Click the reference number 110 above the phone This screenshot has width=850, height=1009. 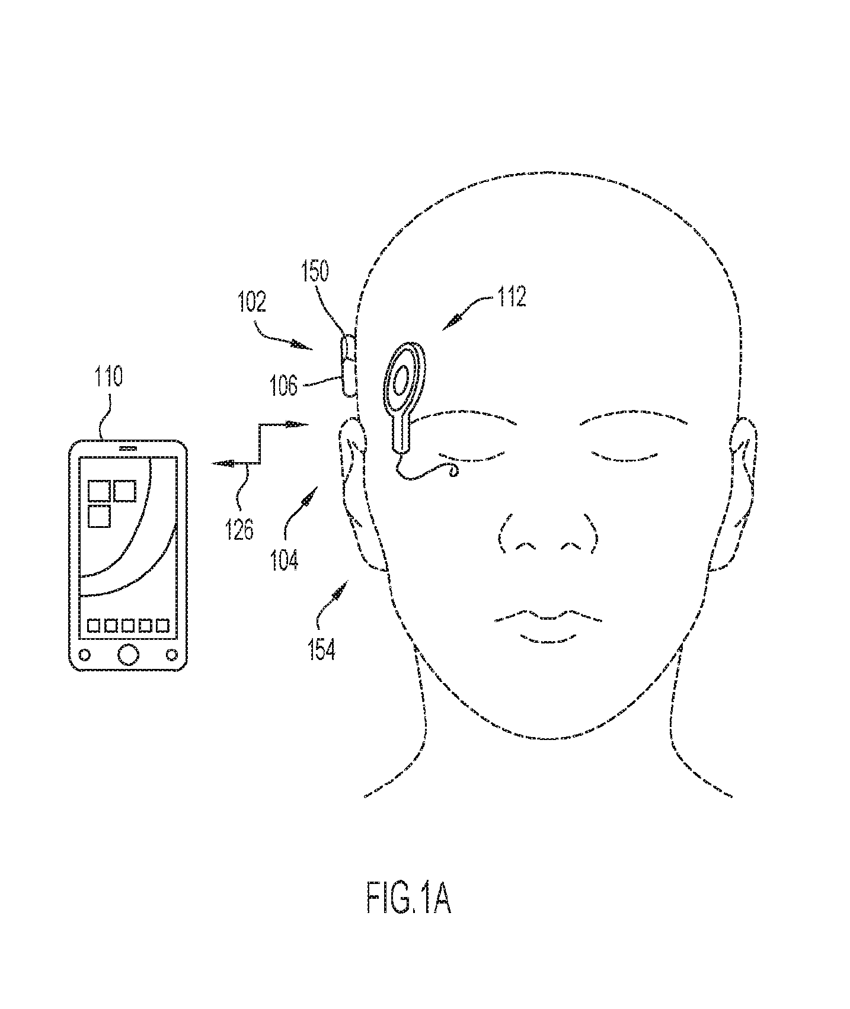point(108,377)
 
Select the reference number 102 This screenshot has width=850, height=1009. point(252,302)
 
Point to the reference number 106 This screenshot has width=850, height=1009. point(283,386)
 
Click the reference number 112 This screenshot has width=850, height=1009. point(512,297)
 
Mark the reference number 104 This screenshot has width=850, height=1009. point(285,559)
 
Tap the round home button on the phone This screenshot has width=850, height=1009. point(128,654)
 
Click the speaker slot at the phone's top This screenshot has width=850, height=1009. point(128,449)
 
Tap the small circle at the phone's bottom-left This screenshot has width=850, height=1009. point(85,655)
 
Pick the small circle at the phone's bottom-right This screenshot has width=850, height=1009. point(171,655)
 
